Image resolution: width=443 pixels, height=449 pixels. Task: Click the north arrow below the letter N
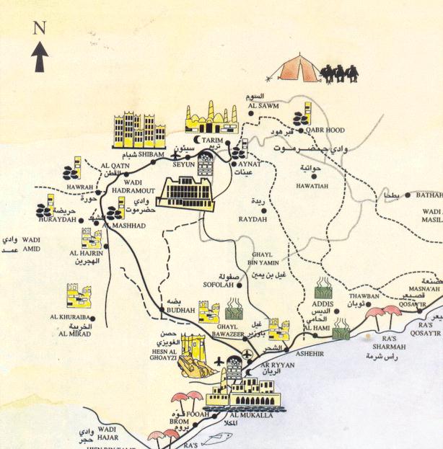coord(40,56)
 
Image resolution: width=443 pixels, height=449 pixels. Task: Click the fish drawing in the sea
coord(212,437)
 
